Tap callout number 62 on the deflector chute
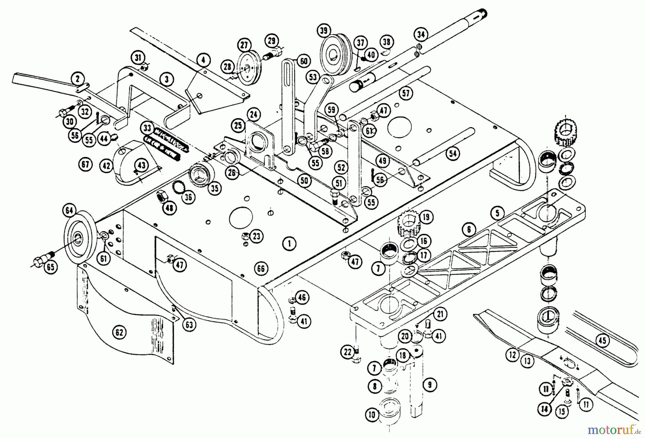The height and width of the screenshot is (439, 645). click(x=119, y=332)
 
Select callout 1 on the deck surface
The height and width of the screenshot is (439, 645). click(x=289, y=244)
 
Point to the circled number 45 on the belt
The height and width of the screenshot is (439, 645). click(x=602, y=340)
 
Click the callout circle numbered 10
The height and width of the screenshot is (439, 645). click(x=372, y=415)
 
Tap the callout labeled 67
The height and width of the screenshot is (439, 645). click(x=85, y=164)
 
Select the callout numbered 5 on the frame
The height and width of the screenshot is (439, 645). click(x=497, y=214)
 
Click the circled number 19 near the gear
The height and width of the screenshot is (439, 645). click(x=426, y=217)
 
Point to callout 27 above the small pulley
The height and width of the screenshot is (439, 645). click(x=244, y=46)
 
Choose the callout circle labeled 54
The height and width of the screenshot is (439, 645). click(x=453, y=153)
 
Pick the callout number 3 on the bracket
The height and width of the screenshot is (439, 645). click(x=167, y=79)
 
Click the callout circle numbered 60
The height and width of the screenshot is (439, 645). click(x=304, y=62)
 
